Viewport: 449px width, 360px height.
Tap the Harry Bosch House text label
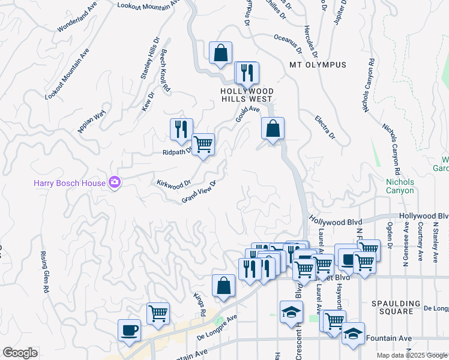click(x=70, y=182)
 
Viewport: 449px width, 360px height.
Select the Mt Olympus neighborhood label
click(x=318, y=65)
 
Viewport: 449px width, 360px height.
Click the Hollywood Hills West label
click(x=246, y=94)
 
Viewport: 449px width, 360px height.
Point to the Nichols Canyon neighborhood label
click(x=400, y=186)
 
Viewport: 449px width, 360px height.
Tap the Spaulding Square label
click(x=392, y=307)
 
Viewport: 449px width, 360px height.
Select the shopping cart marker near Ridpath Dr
click(x=203, y=145)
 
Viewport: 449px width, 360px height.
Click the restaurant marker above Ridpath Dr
click(x=181, y=129)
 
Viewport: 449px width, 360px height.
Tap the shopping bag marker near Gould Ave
click(x=273, y=128)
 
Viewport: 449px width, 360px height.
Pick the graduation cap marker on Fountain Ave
click(x=353, y=334)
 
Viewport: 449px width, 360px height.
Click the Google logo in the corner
click(x=20, y=353)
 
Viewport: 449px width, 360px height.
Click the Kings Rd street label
click(x=200, y=305)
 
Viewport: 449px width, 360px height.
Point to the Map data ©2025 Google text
click(x=412, y=355)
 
